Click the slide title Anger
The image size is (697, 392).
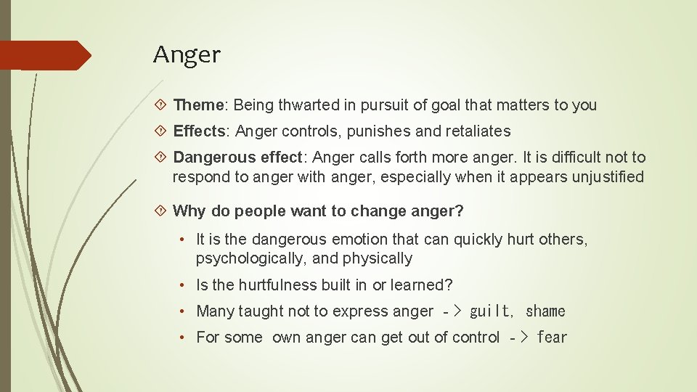click(187, 54)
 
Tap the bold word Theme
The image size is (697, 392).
click(200, 105)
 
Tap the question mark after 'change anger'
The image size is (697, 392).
click(460, 211)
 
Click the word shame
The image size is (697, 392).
click(545, 311)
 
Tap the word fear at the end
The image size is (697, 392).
click(552, 338)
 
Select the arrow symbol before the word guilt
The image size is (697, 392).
click(450, 311)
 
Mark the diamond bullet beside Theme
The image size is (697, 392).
click(162, 105)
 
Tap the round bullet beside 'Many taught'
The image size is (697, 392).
click(185, 311)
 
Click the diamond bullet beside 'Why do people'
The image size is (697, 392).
click(162, 211)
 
